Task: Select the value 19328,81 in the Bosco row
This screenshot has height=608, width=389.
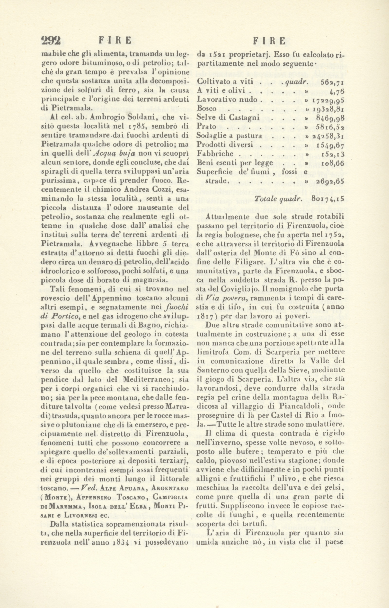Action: pos(328,109)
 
